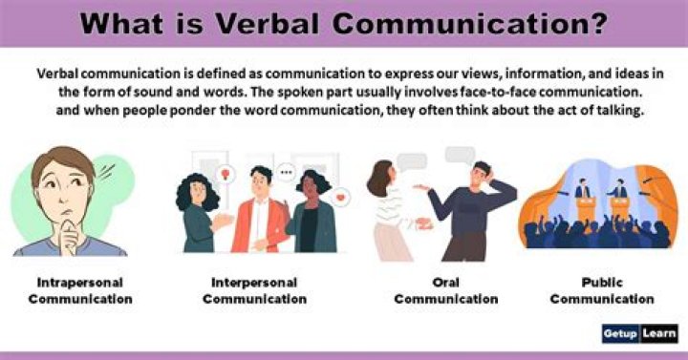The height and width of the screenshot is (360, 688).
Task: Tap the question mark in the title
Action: pos(598,23)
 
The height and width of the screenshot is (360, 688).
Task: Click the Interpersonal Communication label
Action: pos(254,291)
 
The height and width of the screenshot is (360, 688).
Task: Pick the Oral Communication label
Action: pos(445,291)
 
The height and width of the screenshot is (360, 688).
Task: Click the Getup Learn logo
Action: pos(639,333)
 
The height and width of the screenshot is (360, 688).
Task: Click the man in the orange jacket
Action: pos(260,215)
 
